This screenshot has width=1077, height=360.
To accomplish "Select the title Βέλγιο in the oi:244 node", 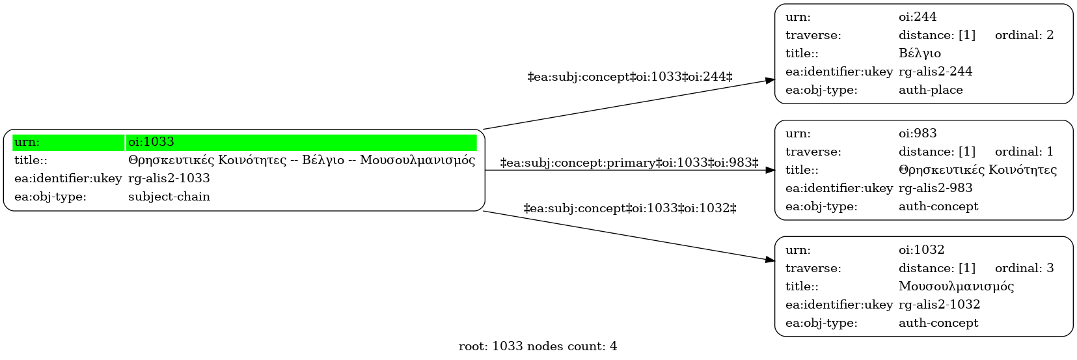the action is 920,53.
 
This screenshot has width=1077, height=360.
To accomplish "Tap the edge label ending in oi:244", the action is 630,77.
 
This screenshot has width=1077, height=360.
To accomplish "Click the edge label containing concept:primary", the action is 629,163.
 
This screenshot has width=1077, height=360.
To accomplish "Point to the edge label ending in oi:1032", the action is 630,208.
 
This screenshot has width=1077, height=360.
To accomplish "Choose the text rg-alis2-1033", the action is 169,178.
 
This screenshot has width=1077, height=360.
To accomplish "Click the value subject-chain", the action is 169,197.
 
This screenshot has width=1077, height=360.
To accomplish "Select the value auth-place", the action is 931,90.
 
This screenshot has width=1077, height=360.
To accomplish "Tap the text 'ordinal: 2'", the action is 1024,35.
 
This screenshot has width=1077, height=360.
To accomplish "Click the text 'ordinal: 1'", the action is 1024,152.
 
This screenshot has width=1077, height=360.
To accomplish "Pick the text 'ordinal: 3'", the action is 1024,268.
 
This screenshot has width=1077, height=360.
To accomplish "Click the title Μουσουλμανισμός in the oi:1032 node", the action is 956,286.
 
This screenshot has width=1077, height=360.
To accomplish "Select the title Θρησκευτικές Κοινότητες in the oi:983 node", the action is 977,170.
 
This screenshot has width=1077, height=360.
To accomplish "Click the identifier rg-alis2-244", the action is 935,72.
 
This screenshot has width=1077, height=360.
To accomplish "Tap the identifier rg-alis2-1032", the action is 939,305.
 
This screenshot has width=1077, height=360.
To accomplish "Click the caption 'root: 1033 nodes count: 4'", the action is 538,346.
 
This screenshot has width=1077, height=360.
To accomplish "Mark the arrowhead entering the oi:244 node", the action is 770,80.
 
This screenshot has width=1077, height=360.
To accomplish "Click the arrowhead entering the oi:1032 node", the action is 770,260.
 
